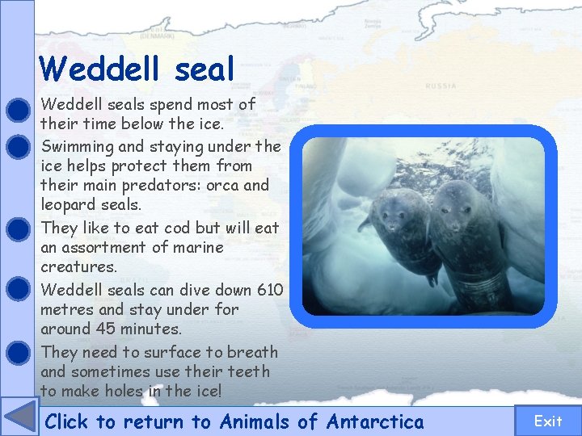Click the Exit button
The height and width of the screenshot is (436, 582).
click(547, 421)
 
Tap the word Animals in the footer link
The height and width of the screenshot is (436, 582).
click(257, 421)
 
